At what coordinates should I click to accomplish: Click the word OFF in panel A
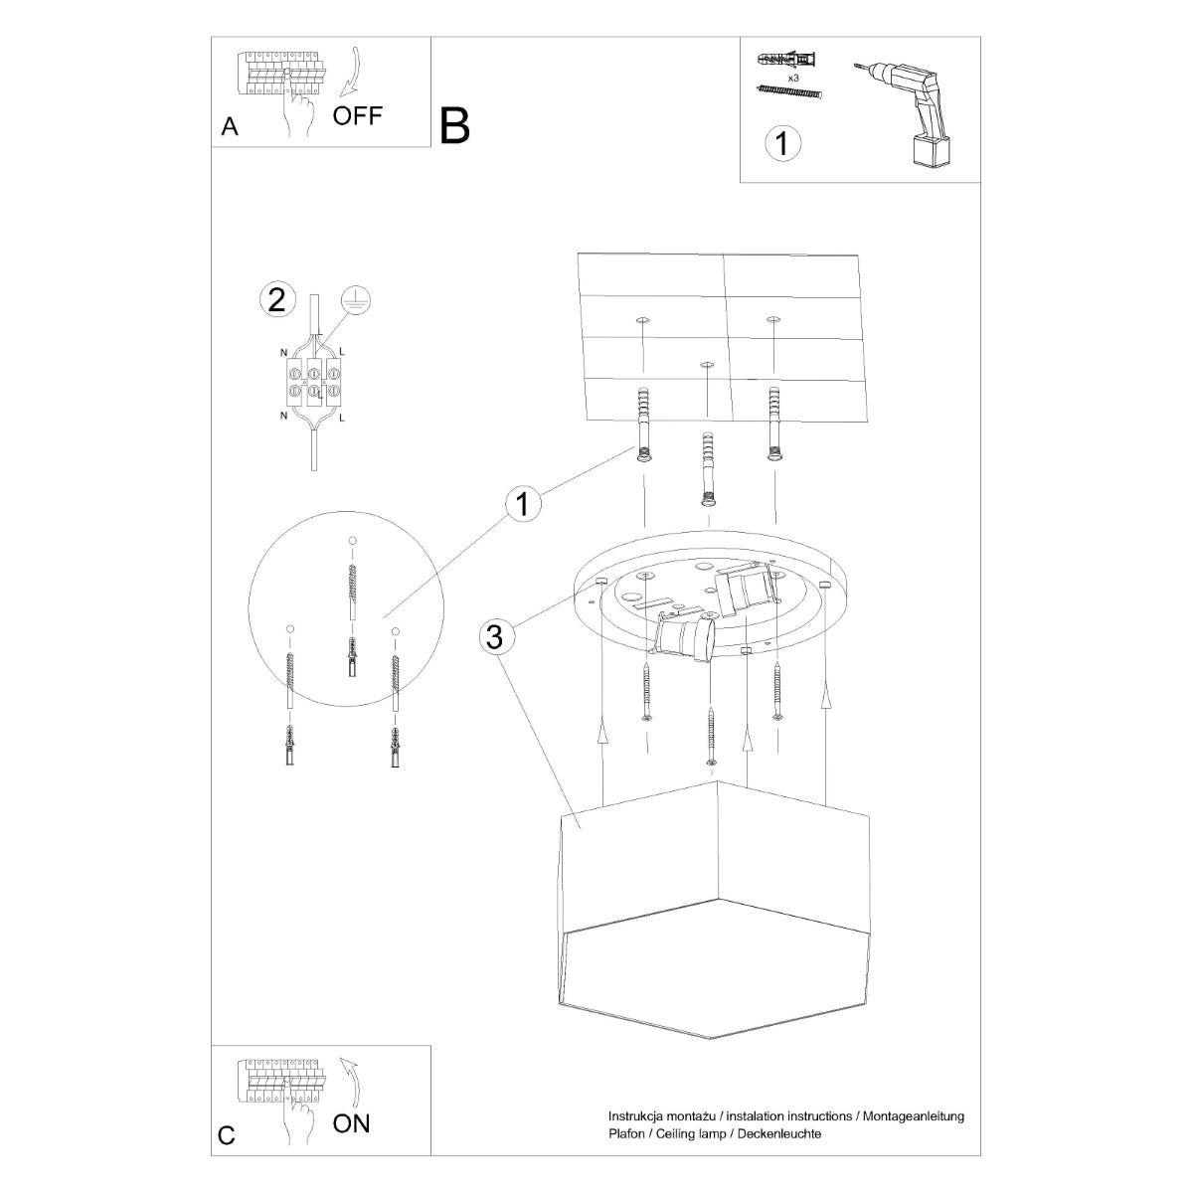[x=357, y=115]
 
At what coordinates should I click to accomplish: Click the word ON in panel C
[x=351, y=1123]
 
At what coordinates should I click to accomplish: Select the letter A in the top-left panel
[x=230, y=127]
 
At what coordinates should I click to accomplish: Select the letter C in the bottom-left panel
[x=227, y=1136]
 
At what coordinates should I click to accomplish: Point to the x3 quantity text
[x=793, y=77]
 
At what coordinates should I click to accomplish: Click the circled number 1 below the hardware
[x=782, y=142]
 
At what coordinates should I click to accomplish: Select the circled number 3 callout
[x=495, y=636]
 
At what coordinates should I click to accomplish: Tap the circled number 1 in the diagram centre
[x=522, y=504]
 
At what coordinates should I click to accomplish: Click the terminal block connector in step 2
[x=313, y=383]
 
